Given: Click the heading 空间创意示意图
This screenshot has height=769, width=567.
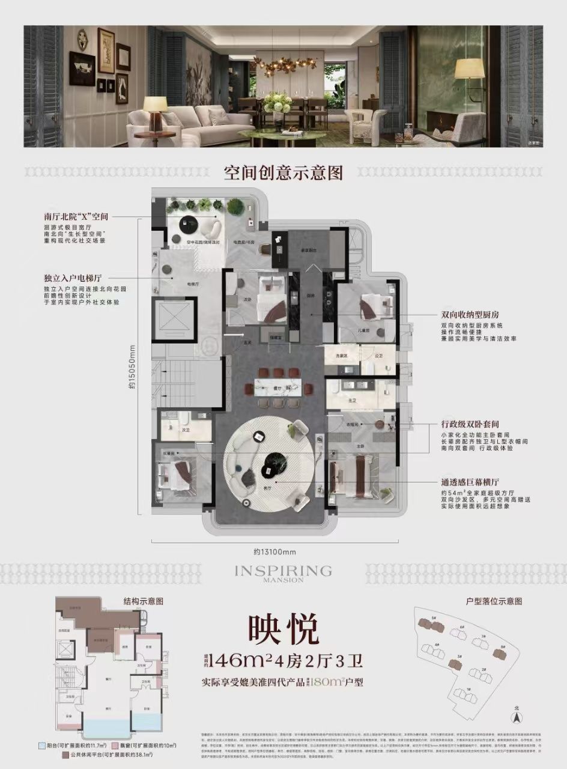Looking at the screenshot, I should point(283,174).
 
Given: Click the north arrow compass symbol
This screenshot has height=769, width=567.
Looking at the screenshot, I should point(515,716).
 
